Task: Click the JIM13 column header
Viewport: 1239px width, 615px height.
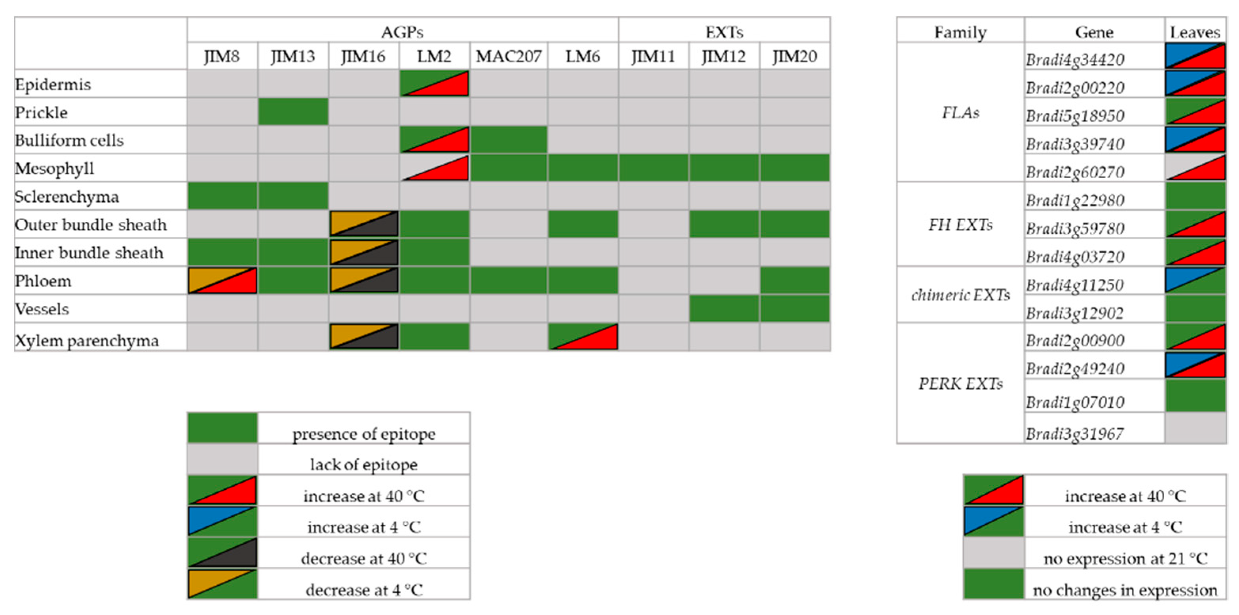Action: point(293,56)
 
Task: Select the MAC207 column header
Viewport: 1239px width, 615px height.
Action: point(509,56)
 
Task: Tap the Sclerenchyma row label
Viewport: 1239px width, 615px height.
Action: point(67,196)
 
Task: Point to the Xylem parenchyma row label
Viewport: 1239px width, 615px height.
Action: point(87,340)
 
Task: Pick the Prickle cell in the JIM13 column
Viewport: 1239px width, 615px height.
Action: point(293,112)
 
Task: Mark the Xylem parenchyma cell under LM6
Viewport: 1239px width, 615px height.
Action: point(583,336)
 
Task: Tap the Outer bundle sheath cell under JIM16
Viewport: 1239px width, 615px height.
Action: point(364,224)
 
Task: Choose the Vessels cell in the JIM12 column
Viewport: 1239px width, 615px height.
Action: point(724,308)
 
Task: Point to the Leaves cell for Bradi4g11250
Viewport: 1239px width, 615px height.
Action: point(1195,280)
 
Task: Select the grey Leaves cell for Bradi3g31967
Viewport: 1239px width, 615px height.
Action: point(1195,428)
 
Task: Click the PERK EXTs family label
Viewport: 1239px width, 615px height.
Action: point(960,383)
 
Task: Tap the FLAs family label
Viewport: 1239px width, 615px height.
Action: point(960,112)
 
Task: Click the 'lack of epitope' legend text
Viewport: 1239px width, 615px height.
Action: point(364,465)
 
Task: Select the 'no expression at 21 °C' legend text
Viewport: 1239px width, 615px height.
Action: point(1125,558)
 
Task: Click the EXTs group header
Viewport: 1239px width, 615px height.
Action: point(724,32)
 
